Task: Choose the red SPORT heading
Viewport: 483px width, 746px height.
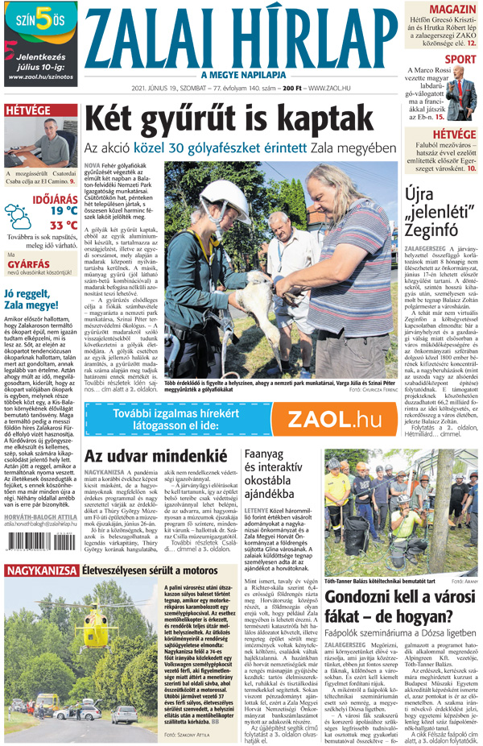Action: tap(460, 59)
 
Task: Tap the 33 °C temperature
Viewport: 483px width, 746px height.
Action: tap(63, 226)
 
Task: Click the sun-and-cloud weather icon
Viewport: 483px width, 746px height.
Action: tap(18, 215)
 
